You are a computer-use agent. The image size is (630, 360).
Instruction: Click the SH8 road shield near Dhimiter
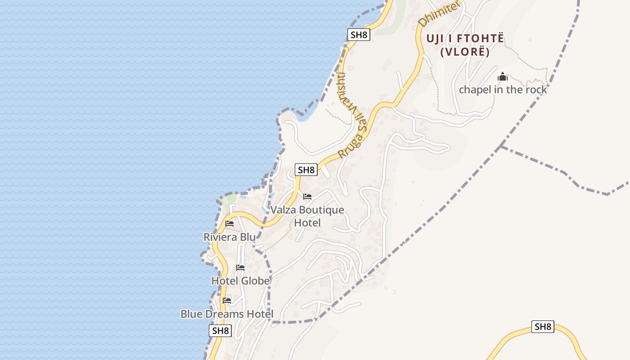click(359, 35)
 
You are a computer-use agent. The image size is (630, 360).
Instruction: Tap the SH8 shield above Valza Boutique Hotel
click(306, 170)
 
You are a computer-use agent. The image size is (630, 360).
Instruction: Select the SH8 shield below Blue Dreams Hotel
click(220, 331)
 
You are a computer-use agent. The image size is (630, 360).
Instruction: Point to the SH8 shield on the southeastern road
click(543, 327)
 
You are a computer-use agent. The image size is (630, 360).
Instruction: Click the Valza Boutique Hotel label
click(307, 216)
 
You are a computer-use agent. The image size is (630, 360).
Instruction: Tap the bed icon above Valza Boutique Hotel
click(307, 197)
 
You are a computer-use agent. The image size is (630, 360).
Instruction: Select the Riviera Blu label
click(229, 237)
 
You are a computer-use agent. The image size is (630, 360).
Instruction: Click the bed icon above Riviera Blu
click(229, 224)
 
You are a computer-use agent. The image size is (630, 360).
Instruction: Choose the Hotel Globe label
click(241, 281)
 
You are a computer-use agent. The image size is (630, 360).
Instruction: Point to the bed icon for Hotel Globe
click(240, 268)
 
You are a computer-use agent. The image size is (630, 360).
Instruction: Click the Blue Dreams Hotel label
click(227, 314)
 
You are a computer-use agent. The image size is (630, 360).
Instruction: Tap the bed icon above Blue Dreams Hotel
click(227, 301)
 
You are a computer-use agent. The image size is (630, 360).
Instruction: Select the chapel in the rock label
click(503, 90)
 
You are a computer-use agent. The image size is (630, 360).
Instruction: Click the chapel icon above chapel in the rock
click(503, 77)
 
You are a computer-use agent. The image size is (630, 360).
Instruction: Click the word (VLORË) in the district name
click(465, 52)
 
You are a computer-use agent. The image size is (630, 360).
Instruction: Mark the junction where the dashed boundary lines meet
click(501, 146)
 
